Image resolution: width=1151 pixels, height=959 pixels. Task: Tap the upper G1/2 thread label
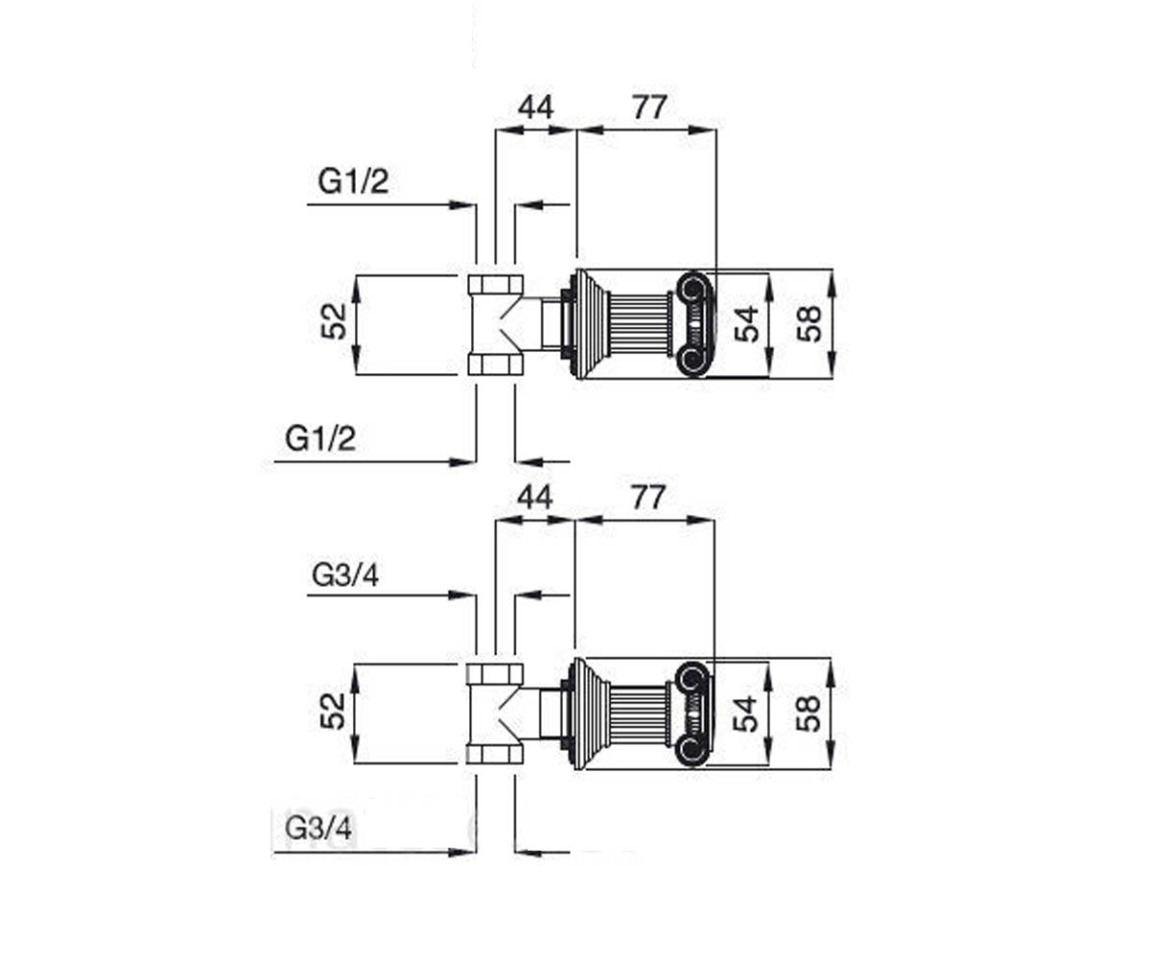[353, 181]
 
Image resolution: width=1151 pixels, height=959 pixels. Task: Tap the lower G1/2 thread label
[320, 438]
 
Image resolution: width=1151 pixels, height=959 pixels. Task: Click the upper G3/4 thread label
[345, 575]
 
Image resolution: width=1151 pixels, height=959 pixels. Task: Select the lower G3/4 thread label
[318, 828]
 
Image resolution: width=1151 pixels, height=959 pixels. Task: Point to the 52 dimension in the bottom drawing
[333, 711]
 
